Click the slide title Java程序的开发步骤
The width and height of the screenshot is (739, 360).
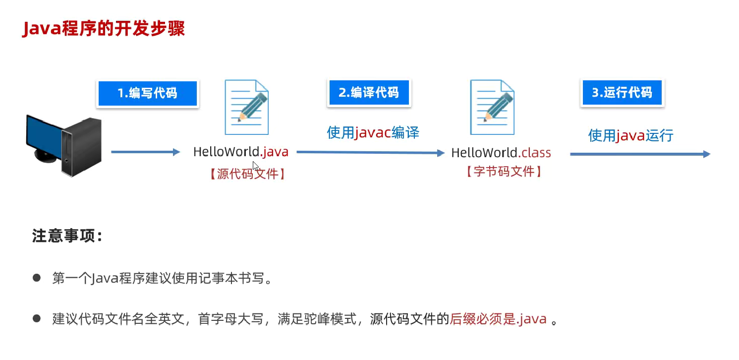pyautogui.click(x=104, y=29)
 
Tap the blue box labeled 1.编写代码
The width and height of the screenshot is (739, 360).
pyautogui.click(x=147, y=93)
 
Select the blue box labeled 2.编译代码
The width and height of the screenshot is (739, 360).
pyautogui.click(x=368, y=92)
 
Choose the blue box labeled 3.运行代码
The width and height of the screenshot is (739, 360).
pyautogui.click(x=622, y=92)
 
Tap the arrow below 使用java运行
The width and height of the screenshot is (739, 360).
pyautogui.click(x=640, y=154)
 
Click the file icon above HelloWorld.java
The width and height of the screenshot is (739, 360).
pyautogui.click(x=247, y=107)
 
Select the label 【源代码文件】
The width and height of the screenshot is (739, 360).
pyautogui.click(x=247, y=174)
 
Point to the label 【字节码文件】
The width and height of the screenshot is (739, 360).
pyautogui.click(x=503, y=172)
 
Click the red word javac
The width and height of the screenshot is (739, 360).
pyautogui.click(x=373, y=132)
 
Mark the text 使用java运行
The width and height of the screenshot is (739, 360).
pyautogui.click(x=630, y=135)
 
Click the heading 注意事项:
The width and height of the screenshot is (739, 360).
pyautogui.click(x=67, y=236)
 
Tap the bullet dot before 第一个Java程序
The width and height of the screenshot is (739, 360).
pyautogui.click(x=36, y=278)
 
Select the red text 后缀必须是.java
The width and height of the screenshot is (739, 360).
pyautogui.click(x=498, y=319)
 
